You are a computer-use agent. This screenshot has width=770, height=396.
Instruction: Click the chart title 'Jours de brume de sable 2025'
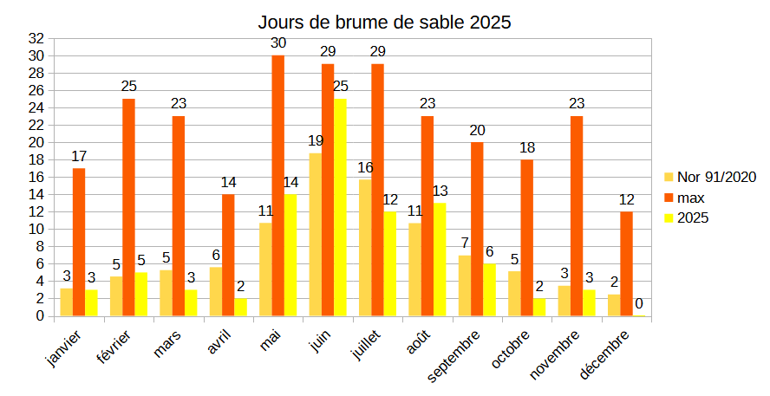(x=384, y=23)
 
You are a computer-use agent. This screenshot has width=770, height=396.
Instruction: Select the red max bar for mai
(x=277, y=185)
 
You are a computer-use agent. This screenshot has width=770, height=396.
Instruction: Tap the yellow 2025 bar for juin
(x=340, y=207)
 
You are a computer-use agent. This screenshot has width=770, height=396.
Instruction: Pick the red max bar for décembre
(x=627, y=263)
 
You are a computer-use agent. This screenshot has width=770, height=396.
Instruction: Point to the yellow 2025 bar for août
(x=440, y=259)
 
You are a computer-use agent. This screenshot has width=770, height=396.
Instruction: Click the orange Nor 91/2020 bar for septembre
(x=465, y=285)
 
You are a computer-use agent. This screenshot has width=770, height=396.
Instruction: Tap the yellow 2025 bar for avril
(x=240, y=307)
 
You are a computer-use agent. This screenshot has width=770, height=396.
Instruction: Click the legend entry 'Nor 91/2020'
(x=716, y=177)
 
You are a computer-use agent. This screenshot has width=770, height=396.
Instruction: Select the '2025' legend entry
(x=693, y=218)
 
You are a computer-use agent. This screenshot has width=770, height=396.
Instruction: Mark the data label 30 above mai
(x=277, y=43)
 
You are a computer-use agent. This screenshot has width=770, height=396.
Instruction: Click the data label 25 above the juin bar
(x=340, y=87)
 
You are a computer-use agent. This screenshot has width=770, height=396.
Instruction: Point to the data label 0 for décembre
(x=639, y=303)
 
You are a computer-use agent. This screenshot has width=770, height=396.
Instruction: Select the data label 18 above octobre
(x=527, y=147)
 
